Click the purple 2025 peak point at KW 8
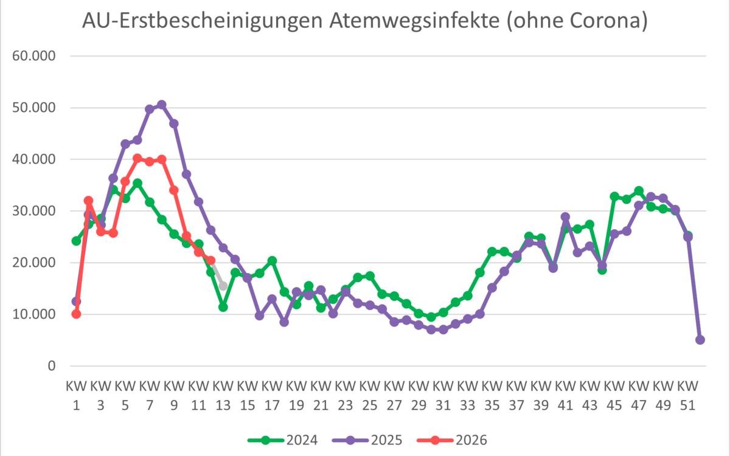pos(162,105)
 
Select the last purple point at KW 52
pos(700,340)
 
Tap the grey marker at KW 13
pos(223,286)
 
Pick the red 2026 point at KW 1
pos(76,314)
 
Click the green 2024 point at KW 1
pos(76,241)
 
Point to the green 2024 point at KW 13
pos(223,307)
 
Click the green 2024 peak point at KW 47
pos(639,191)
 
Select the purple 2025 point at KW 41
pos(565,217)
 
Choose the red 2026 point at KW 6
pos(137,159)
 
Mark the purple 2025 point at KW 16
pos(260,316)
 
